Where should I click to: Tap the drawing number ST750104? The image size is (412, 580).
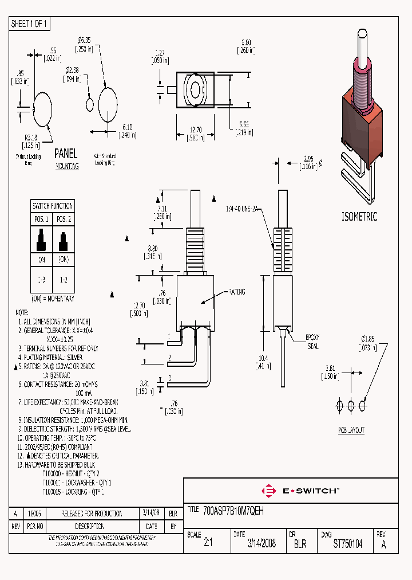point(347,544)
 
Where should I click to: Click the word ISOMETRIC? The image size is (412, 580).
point(359,217)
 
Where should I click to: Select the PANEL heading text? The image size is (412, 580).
point(66,154)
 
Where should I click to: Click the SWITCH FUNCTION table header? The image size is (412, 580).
point(53,206)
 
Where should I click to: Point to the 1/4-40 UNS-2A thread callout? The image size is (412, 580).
point(243,210)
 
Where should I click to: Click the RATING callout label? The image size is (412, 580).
point(236,292)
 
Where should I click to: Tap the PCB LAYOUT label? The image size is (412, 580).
point(350,430)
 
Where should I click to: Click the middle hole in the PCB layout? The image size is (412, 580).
point(351,406)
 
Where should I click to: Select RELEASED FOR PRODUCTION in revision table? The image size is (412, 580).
point(92,513)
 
